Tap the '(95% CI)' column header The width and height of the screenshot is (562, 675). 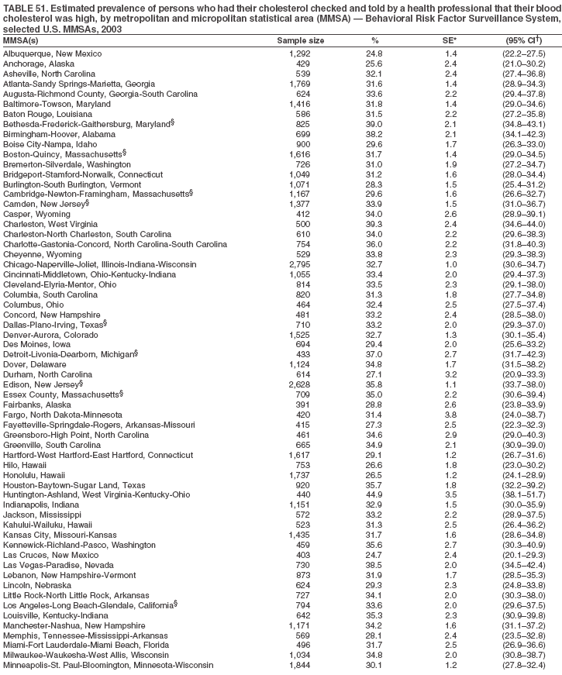tap(525, 39)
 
